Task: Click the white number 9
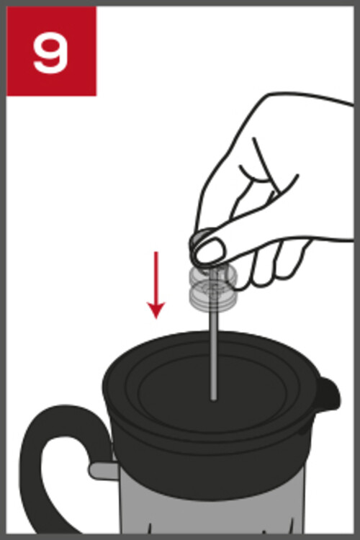pyautogui.click(x=50, y=53)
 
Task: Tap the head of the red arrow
pyautogui.click(x=156, y=310)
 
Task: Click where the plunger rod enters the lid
pyautogui.click(x=214, y=399)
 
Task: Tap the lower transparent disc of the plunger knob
pyautogui.click(x=213, y=296)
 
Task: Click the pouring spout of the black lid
pyautogui.click(x=328, y=396)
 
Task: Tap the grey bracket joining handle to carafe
pyautogui.click(x=104, y=470)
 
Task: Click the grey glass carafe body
pyautogui.click(x=212, y=510)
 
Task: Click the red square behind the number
pyautogui.click(x=52, y=51)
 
